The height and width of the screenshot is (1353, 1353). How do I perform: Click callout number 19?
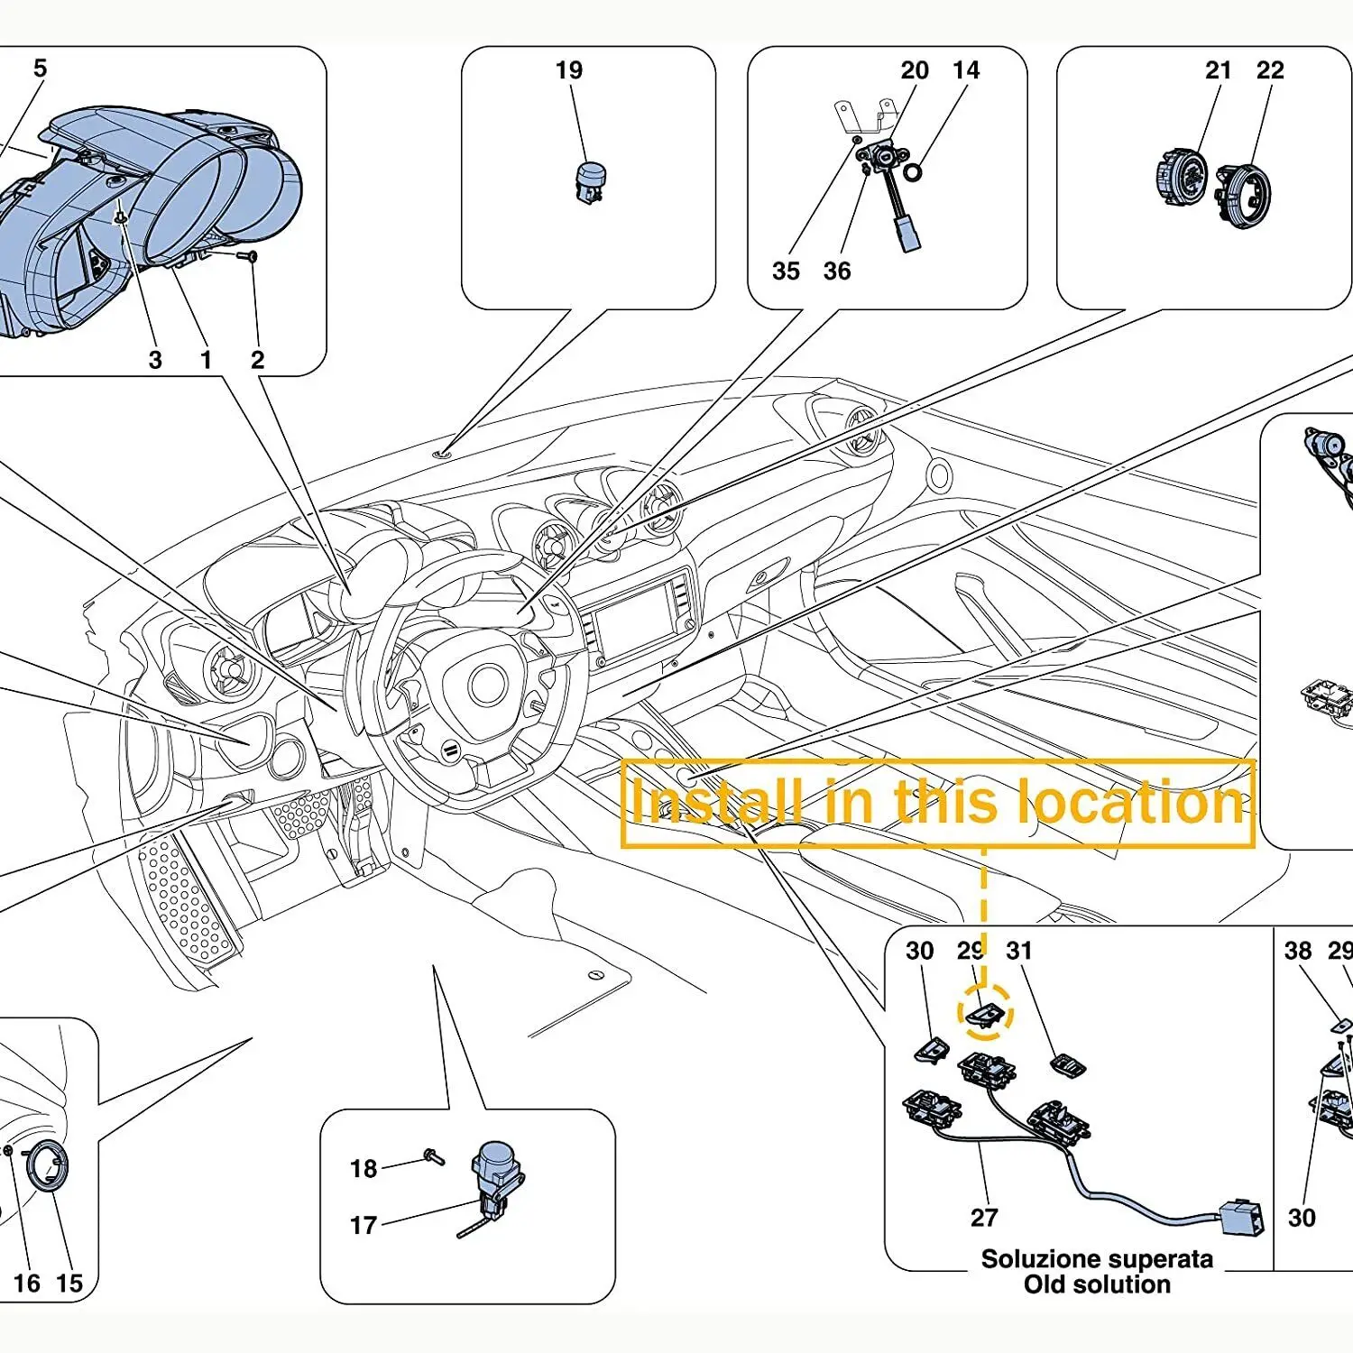569,70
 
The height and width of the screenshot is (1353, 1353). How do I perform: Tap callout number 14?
966,70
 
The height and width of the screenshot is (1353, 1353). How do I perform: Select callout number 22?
1270,70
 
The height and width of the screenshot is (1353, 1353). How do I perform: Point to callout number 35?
786,271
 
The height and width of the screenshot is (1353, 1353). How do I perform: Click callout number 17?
364,1225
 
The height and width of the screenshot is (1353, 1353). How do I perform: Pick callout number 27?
984,1218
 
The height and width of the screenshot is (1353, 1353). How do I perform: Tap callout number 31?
1019,951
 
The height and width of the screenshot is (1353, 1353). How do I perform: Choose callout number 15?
69,1284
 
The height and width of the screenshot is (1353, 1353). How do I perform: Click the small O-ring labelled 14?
913,171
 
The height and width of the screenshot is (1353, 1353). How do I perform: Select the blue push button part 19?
590,181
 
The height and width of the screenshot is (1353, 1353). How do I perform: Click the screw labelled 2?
248,257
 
